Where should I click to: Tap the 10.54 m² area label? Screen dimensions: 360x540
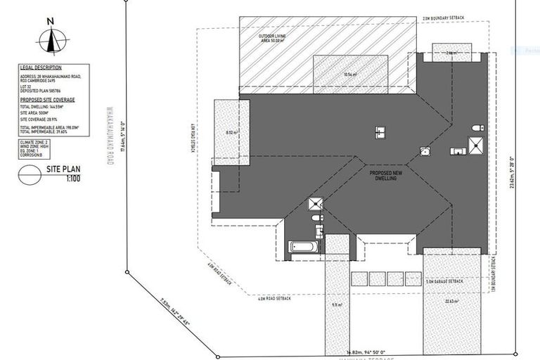coord(350,74)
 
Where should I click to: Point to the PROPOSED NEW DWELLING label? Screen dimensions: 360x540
coord(385,175)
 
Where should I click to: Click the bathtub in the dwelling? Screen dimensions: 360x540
coord(302,247)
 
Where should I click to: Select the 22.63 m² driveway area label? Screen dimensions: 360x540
coord(451,303)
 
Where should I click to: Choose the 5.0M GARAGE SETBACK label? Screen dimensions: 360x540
coord(444,281)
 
